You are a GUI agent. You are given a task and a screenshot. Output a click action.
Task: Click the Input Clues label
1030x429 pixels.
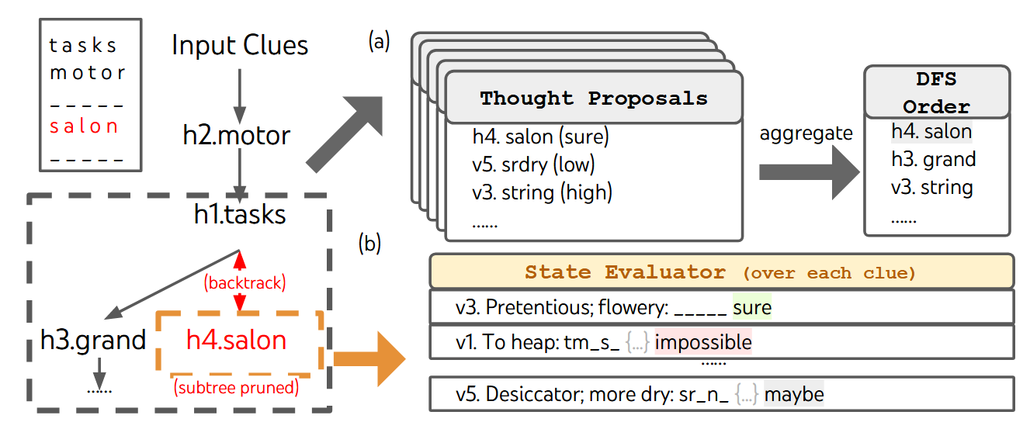pos(240,45)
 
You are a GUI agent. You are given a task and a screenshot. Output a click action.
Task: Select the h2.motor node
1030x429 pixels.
pos(237,135)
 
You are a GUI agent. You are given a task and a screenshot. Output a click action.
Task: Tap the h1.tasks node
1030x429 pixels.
pos(240,214)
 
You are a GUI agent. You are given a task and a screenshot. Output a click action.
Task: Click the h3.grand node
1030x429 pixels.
pos(93,339)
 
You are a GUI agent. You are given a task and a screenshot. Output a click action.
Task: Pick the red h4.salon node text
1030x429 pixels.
pos(236,339)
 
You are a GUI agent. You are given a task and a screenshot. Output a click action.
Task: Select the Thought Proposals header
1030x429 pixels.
pos(594,99)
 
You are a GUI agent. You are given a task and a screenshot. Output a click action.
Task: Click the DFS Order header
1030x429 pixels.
pos(936,92)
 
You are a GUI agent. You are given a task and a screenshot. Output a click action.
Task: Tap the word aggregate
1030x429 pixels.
pos(806,133)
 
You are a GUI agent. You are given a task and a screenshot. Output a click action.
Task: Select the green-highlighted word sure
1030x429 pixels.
pos(752,308)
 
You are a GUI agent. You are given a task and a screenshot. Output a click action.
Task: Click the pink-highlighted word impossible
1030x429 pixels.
pos(703,341)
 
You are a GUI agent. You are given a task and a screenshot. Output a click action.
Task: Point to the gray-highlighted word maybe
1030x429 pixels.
pos(793,394)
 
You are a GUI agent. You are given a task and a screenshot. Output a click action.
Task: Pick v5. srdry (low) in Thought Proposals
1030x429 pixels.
pos(533,164)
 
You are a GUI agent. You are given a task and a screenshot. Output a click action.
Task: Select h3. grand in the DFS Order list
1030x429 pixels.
pos(933,160)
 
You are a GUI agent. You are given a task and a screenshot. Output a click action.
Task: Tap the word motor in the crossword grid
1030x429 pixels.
pos(87,74)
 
